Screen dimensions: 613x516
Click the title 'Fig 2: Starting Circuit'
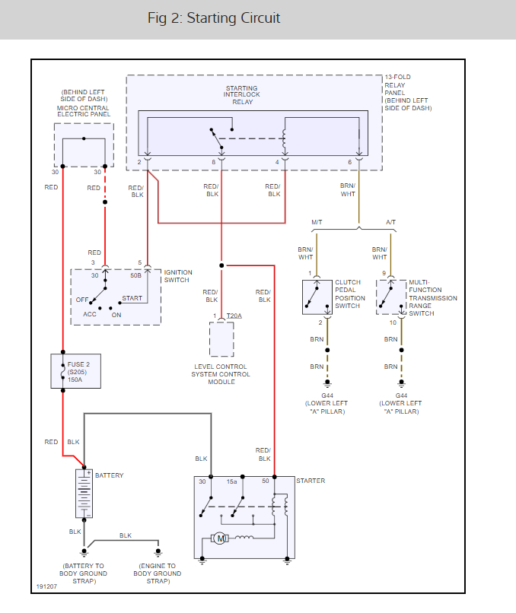pyautogui.click(x=214, y=18)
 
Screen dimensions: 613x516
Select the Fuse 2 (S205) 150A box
pyautogui.click(x=76, y=371)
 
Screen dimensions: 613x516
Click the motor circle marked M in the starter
pyautogui.click(x=221, y=538)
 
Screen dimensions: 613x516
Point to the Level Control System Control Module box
pyautogui.click(x=221, y=339)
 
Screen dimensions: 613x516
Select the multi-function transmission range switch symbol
pyautogui.click(x=391, y=297)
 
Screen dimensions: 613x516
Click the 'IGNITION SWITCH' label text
pyautogui.click(x=178, y=276)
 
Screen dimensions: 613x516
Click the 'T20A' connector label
pyautogui.click(x=234, y=316)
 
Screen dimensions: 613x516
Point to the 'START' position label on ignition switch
pyautogui.click(x=132, y=299)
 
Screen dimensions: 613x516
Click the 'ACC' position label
pyautogui.click(x=90, y=314)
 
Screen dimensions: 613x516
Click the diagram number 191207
pyautogui.click(x=46, y=587)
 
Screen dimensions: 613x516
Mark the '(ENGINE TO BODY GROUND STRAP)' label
pyautogui.click(x=158, y=573)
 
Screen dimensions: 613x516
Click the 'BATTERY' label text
pyautogui.click(x=109, y=475)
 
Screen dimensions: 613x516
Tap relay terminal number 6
pyautogui.click(x=350, y=162)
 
